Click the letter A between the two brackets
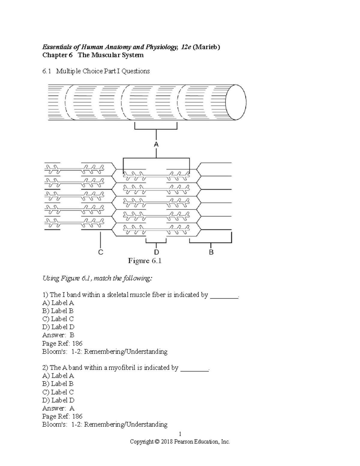(x=156, y=145)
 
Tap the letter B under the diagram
(x=211, y=252)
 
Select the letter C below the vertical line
(x=101, y=252)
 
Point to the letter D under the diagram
(x=156, y=252)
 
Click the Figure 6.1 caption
(x=145, y=261)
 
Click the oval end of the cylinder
(x=236, y=102)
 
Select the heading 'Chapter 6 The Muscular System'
(x=93, y=55)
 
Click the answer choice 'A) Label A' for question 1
(x=58, y=303)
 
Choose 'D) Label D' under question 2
(x=58, y=400)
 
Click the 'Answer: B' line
(x=58, y=335)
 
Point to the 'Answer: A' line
(x=58, y=408)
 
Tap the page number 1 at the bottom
(x=180, y=434)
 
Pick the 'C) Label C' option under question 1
(x=58, y=319)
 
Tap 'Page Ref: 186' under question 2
(x=62, y=416)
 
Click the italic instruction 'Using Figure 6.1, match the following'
(x=97, y=278)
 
